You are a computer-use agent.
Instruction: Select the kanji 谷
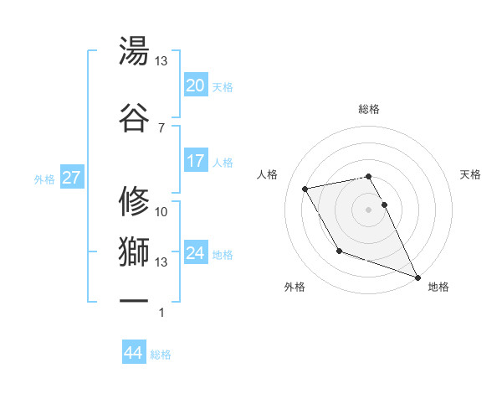pyautogui.click(x=135, y=117)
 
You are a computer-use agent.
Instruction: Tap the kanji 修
pyautogui.click(x=135, y=200)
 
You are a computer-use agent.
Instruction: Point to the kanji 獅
pyautogui.click(x=135, y=249)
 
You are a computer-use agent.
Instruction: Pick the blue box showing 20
pyautogui.click(x=196, y=86)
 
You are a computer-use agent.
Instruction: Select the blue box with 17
pyautogui.click(x=196, y=161)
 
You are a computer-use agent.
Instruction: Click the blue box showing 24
pyautogui.click(x=196, y=253)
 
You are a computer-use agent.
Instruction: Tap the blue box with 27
pyautogui.click(x=71, y=178)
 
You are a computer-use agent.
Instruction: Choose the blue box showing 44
pyautogui.click(x=134, y=353)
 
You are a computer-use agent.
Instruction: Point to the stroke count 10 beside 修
pyautogui.click(x=161, y=212)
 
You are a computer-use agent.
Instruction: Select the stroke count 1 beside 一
pyautogui.click(x=161, y=314)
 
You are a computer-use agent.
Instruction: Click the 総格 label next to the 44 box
pyautogui.click(x=161, y=355)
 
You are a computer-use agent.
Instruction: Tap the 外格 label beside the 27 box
pyautogui.click(x=44, y=179)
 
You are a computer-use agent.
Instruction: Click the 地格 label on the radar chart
pyautogui.click(x=438, y=287)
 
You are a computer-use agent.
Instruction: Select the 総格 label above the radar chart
pyautogui.click(x=369, y=109)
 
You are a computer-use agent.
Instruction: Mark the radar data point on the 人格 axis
pyautogui.click(x=305, y=189)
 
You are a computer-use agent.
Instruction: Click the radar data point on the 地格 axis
pyautogui.click(x=417, y=277)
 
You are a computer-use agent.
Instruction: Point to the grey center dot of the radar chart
pyautogui.click(x=369, y=209)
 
